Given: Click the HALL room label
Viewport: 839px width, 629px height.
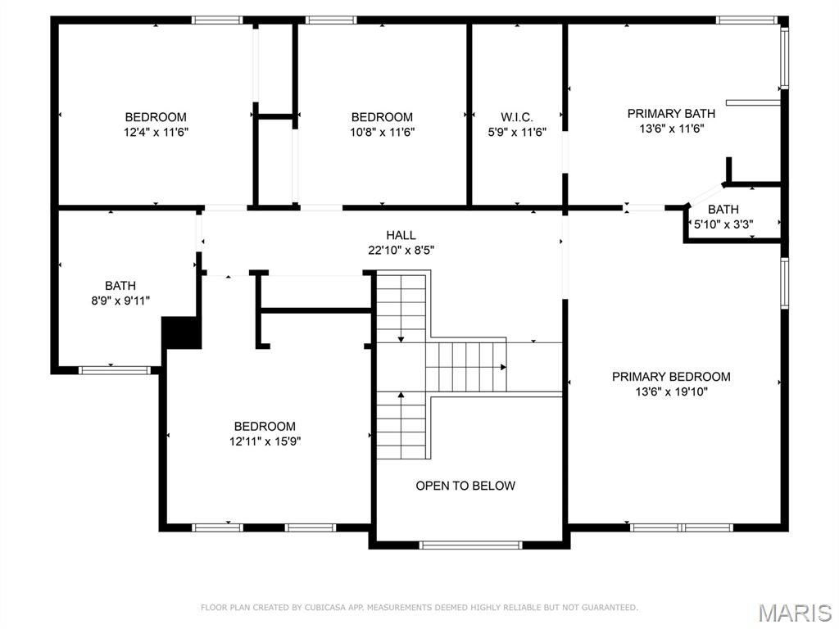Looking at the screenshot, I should coord(401,235).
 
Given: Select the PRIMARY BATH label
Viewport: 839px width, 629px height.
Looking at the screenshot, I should coord(671,114).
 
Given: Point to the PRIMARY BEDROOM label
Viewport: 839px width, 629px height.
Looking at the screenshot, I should coord(671,377).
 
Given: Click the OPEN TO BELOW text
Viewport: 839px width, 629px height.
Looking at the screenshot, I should coord(465,486).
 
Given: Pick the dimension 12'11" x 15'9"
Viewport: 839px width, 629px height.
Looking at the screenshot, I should coord(264,441).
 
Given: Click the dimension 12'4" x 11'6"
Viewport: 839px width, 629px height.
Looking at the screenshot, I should coord(156,132).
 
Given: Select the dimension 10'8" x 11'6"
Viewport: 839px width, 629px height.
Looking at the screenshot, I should coord(382,132).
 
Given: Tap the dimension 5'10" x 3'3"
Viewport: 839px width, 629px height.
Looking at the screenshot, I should coord(723,224).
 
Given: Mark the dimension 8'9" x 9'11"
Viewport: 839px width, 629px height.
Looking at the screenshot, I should coord(120,301).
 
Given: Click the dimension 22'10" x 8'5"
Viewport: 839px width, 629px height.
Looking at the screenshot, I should coord(401,251).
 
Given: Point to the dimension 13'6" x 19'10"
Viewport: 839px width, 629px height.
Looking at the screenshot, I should coord(671,392).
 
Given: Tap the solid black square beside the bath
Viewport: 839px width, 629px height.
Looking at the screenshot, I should coord(182,333).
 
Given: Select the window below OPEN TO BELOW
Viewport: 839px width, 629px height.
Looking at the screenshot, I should coord(469,544).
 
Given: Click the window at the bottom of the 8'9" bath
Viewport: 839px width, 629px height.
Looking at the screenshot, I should coord(115,370).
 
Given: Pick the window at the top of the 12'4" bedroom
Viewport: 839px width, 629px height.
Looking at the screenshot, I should coord(217,20).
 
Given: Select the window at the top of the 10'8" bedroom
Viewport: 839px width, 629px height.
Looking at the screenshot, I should coord(331,20).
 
